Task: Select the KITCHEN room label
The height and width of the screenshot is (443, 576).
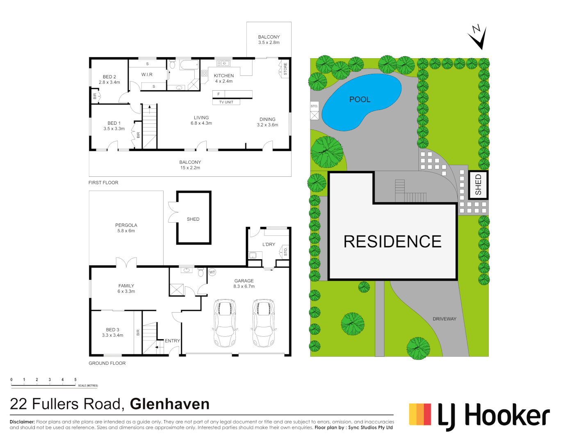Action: click(x=223, y=75)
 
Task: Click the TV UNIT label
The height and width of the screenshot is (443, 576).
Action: click(x=226, y=102)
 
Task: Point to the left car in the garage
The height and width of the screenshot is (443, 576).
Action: click(x=225, y=323)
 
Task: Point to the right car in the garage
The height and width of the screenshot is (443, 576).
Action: click(x=263, y=323)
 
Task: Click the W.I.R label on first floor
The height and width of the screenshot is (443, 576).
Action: click(x=147, y=75)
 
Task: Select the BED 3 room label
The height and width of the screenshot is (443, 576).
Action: click(x=112, y=330)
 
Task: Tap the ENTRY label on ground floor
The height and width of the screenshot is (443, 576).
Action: click(x=172, y=341)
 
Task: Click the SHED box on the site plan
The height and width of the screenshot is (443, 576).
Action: click(x=478, y=185)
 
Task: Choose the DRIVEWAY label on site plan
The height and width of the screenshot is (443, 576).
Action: click(x=444, y=319)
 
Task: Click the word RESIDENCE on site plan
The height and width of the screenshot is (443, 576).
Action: click(x=392, y=242)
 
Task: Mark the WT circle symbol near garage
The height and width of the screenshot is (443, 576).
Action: click(x=212, y=272)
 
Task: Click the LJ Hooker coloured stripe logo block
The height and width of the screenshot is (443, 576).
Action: click(x=420, y=414)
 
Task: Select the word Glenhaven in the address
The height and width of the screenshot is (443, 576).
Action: click(x=170, y=404)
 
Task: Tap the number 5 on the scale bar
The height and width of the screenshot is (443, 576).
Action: click(x=75, y=380)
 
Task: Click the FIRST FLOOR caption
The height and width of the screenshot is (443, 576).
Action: click(x=103, y=183)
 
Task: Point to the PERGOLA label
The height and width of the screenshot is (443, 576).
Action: click(x=126, y=225)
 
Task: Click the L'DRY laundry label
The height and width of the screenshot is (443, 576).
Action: click(x=269, y=244)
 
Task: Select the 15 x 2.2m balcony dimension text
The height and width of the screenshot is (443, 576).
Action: click(x=190, y=168)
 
